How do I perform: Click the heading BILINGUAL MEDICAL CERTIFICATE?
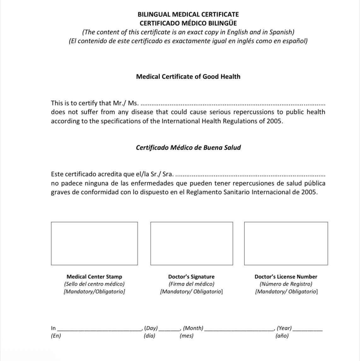click(188, 15)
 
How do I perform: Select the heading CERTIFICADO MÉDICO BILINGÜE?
click(188, 23)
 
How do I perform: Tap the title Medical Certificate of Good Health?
click(188, 77)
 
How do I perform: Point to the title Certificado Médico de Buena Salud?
click(188, 148)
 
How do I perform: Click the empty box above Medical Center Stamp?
click(94, 243)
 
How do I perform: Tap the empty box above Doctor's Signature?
click(192, 243)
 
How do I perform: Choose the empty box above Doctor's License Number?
click(286, 243)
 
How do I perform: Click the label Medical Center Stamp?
click(94, 277)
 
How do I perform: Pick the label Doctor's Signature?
click(191, 277)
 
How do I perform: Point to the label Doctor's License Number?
click(286, 277)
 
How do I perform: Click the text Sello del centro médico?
click(94, 284)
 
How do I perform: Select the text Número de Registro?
click(286, 284)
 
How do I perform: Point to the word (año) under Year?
click(282, 336)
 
